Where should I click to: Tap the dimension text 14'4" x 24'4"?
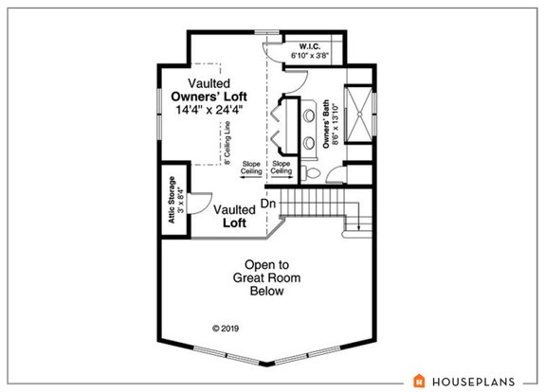[209, 110]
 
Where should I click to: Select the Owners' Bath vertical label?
[328, 126]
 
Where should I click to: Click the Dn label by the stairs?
[269, 203]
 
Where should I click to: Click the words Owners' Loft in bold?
[209, 97]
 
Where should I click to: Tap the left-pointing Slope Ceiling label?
[250, 167]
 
